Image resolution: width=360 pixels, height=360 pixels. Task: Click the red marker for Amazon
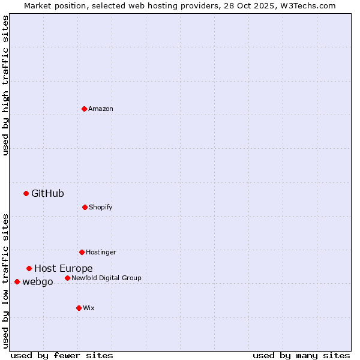pyautogui.click(x=84, y=109)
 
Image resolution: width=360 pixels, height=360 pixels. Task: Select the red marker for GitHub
pyautogui.click(x=26, y=193)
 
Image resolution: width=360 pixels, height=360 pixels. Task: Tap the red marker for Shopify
pyautogui.click(x=85, y=207)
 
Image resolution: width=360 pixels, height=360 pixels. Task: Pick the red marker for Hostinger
pyautogui.click(x=82, y=252)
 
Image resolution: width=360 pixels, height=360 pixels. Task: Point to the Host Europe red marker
pyautogui.click(x=29, y=268)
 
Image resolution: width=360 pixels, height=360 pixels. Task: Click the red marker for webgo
pyautogui.click(x=17, y=281)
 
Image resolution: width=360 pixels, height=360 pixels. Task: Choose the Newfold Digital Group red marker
pyautogui.click(x=67, y=278)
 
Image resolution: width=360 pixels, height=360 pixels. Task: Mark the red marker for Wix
pyautogui.click(x=79, y=308)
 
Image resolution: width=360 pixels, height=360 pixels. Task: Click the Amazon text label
pyautogui.click(x=101, y=109)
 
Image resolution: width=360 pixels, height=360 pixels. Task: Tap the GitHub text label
pyautogui.click(x=47, y=193)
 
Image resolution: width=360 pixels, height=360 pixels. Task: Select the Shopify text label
pyautogui.click(x=101, y=207)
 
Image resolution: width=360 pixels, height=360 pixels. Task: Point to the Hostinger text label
pyautogui.click(x=101, y=252)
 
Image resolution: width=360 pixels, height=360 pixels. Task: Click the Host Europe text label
pyautogui.click(x=63, y=268)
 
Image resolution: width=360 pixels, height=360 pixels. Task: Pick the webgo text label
pyautogui.click(x=38, y=281)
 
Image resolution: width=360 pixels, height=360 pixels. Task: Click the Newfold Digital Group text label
pyautogui.click(x=107, y=278)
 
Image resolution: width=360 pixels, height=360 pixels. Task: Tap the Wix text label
pyautogui.click(x=89, y=308)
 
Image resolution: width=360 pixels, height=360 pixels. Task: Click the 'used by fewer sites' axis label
pyautogui.click(x=62, y=355)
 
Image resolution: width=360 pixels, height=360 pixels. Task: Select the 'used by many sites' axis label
pyautogui.click(x=301, y=355)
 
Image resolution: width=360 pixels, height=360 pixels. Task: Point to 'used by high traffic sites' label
pyautogui.click(x=5, y=86)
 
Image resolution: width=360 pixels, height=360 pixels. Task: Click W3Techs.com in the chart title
pyautogui.click(x=306, y=5)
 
